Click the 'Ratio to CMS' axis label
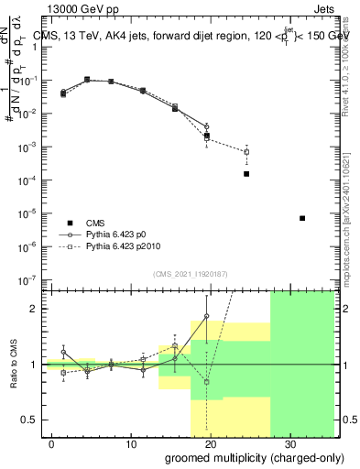coord(14,365)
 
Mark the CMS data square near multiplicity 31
coord(302,218)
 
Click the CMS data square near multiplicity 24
coord(246,174)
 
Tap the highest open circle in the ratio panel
coord(206,316)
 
